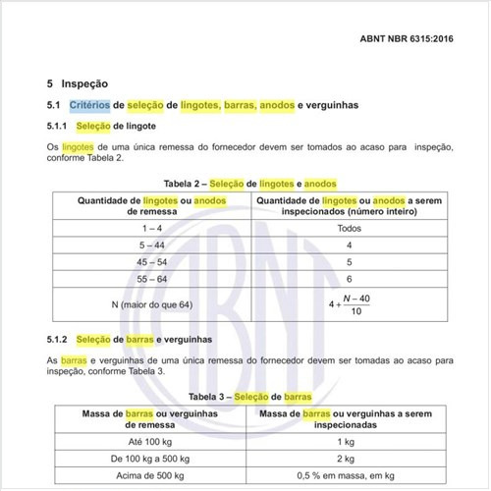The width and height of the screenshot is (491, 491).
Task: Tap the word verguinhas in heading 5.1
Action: [x=331, y=105]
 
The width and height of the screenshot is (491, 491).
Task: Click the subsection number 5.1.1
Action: [x=58, y=127]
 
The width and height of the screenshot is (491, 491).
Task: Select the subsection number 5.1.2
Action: [x=58, y=339]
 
